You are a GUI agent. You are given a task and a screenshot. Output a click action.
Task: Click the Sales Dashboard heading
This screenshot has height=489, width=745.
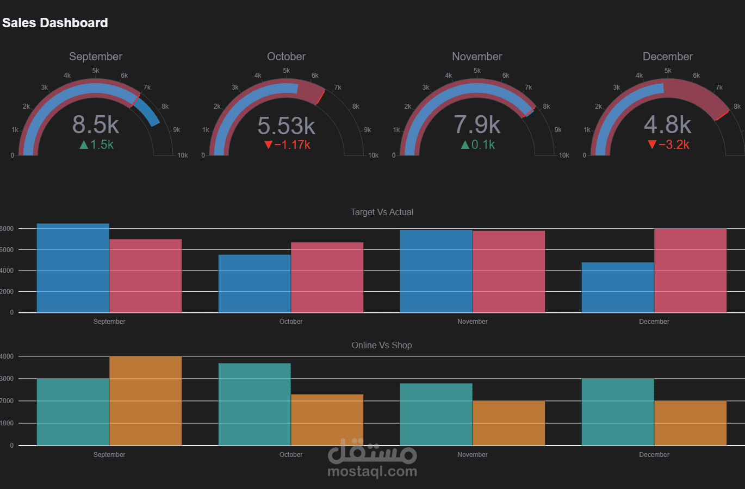pos(55,23)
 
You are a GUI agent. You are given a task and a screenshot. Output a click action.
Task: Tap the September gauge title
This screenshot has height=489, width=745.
pos(96,57)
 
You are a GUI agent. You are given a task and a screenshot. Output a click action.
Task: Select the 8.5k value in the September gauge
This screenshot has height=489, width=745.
pos(96,124)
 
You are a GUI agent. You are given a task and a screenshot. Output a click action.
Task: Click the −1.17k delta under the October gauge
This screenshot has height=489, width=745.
pos(287,145)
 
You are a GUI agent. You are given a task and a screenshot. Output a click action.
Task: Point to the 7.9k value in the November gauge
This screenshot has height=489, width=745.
pos(477,124)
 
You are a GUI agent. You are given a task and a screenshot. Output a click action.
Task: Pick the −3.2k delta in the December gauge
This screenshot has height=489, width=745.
pos(668,145)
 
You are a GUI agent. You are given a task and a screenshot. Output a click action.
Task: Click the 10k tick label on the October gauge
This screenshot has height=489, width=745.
pos(373,155)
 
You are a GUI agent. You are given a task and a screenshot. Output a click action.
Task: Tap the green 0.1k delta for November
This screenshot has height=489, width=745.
pos(478,145)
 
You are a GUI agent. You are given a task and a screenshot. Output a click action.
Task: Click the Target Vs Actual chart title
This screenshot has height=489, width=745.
pos(382,212)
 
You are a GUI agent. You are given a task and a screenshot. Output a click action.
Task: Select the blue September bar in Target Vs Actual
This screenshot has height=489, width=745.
pos(73,268)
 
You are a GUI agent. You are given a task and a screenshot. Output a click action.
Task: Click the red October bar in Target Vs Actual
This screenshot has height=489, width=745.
pos(327,278)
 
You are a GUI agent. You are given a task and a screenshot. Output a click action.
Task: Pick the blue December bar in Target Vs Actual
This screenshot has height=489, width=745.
pos(618,287)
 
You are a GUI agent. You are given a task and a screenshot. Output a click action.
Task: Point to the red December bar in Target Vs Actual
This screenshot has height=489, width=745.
pos(691,271)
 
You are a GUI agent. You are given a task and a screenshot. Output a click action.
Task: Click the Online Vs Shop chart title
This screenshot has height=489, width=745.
pos(382,345)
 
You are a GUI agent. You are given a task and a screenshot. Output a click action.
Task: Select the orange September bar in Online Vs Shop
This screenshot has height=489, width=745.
pos(146,401)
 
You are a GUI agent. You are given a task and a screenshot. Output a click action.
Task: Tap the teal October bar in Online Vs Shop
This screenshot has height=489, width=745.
pos(254,404)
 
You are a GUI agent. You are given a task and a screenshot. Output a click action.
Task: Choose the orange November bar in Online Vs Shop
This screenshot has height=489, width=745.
pos(509,423)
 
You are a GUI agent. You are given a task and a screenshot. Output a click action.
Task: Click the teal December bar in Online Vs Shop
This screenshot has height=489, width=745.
pos(618,412)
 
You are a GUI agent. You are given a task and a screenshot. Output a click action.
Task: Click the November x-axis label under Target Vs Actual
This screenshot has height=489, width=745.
pos(472,322)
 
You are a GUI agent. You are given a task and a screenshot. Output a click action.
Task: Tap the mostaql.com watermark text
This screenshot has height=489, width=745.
pos(372,472)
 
